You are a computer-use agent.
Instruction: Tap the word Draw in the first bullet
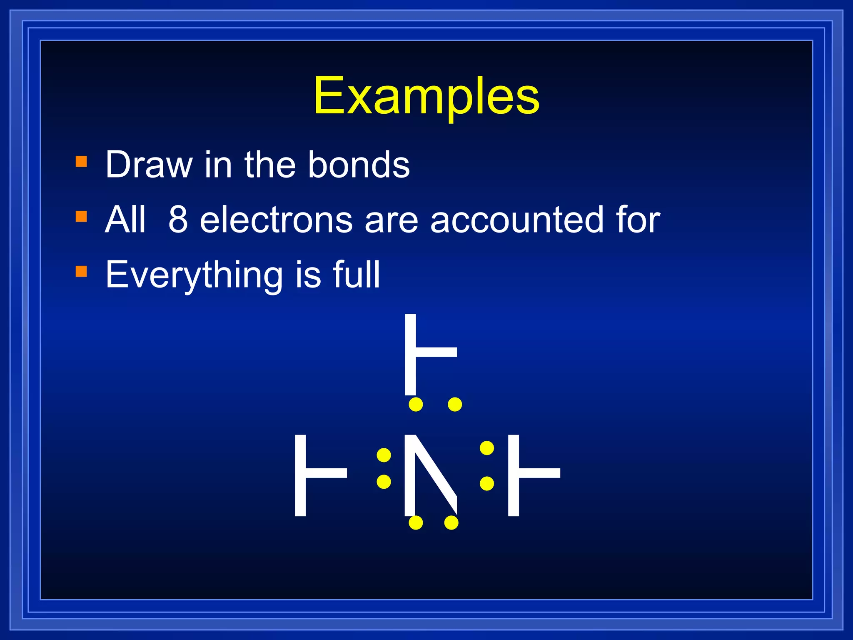(149, 165)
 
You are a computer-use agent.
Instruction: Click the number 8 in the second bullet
(178, 220)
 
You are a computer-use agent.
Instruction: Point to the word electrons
(277, 220)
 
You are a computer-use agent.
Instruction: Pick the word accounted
(516, 220)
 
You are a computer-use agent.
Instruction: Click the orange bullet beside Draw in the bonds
(81, 161)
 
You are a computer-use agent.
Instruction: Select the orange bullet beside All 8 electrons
(81, 216)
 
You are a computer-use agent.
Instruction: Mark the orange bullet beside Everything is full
(81, 271)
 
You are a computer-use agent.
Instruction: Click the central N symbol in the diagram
(431, 475)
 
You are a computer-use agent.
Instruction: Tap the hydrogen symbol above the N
(431, 354)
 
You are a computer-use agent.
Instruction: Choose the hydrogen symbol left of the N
(321, 475)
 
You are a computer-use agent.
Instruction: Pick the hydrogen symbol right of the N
(534, 475)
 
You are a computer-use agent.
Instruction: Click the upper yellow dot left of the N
(384, 455)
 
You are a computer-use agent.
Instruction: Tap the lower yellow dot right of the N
(486, 483)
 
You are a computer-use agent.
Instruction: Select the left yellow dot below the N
(416, 522)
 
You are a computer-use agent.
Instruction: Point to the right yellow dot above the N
(455, 404)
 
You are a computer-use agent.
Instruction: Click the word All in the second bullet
(125, 220)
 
